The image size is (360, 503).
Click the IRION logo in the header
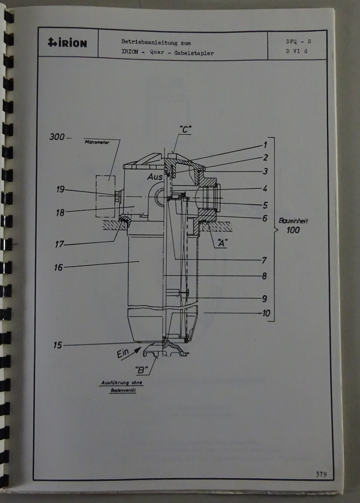(x=67, y=42)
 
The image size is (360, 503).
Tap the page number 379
(x=321, y=474)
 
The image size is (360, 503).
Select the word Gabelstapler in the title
(x=194, y=53)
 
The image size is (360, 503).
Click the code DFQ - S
(x=298, y=41)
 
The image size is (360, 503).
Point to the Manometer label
(x=97, y=142)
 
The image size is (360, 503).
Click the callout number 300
(x=57, y=137)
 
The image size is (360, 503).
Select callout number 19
(x=60, y=189)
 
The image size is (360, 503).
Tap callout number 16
(x=58, y=267)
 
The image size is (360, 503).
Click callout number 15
(x=57, y=345)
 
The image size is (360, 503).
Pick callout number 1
(x=265, y=145)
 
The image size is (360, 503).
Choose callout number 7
(x=265, y=260)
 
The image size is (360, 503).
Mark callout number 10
(x=266, y=313)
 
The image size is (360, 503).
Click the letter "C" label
(x=185, y=129)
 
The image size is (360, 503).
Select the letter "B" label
(x=142, y=370)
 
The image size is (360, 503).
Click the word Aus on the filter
(x=155, y=177)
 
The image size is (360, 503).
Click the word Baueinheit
(x=293, y=220)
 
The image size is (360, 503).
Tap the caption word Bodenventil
(x=123, y=390)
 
